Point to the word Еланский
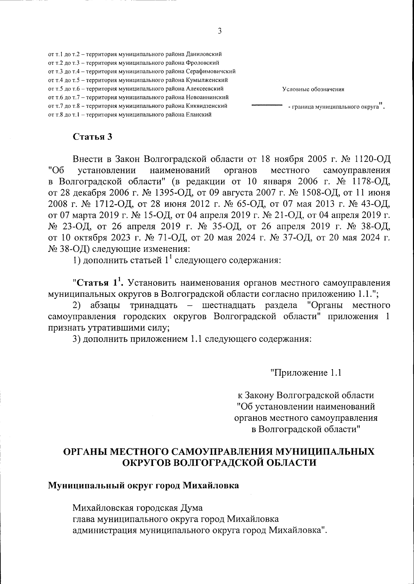point(199,114)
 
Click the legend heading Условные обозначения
point(313,90)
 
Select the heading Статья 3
point(92,136)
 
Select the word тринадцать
point(154,305)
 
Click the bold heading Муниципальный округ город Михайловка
point(143,486)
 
